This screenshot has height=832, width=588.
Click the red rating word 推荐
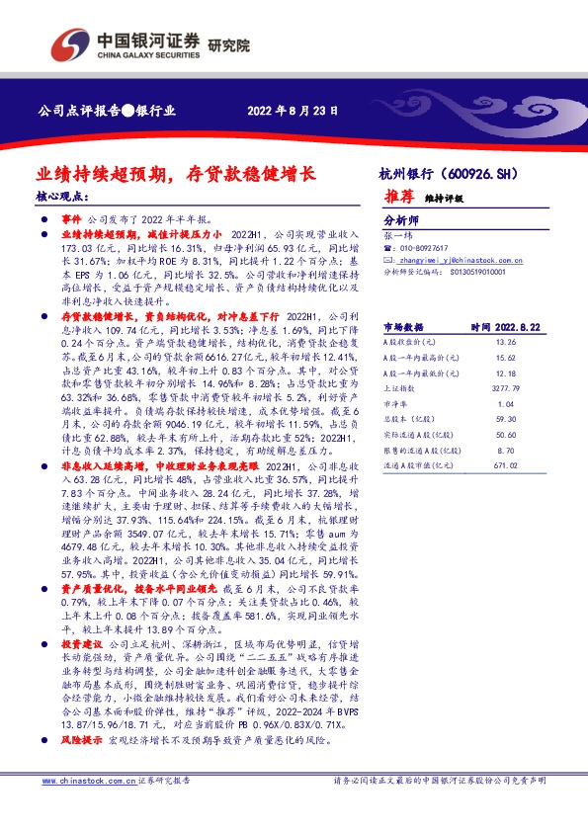tap(399, 198)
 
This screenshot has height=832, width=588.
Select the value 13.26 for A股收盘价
tap(505, 342)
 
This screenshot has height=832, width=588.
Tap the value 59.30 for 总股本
tap(505, 421)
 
